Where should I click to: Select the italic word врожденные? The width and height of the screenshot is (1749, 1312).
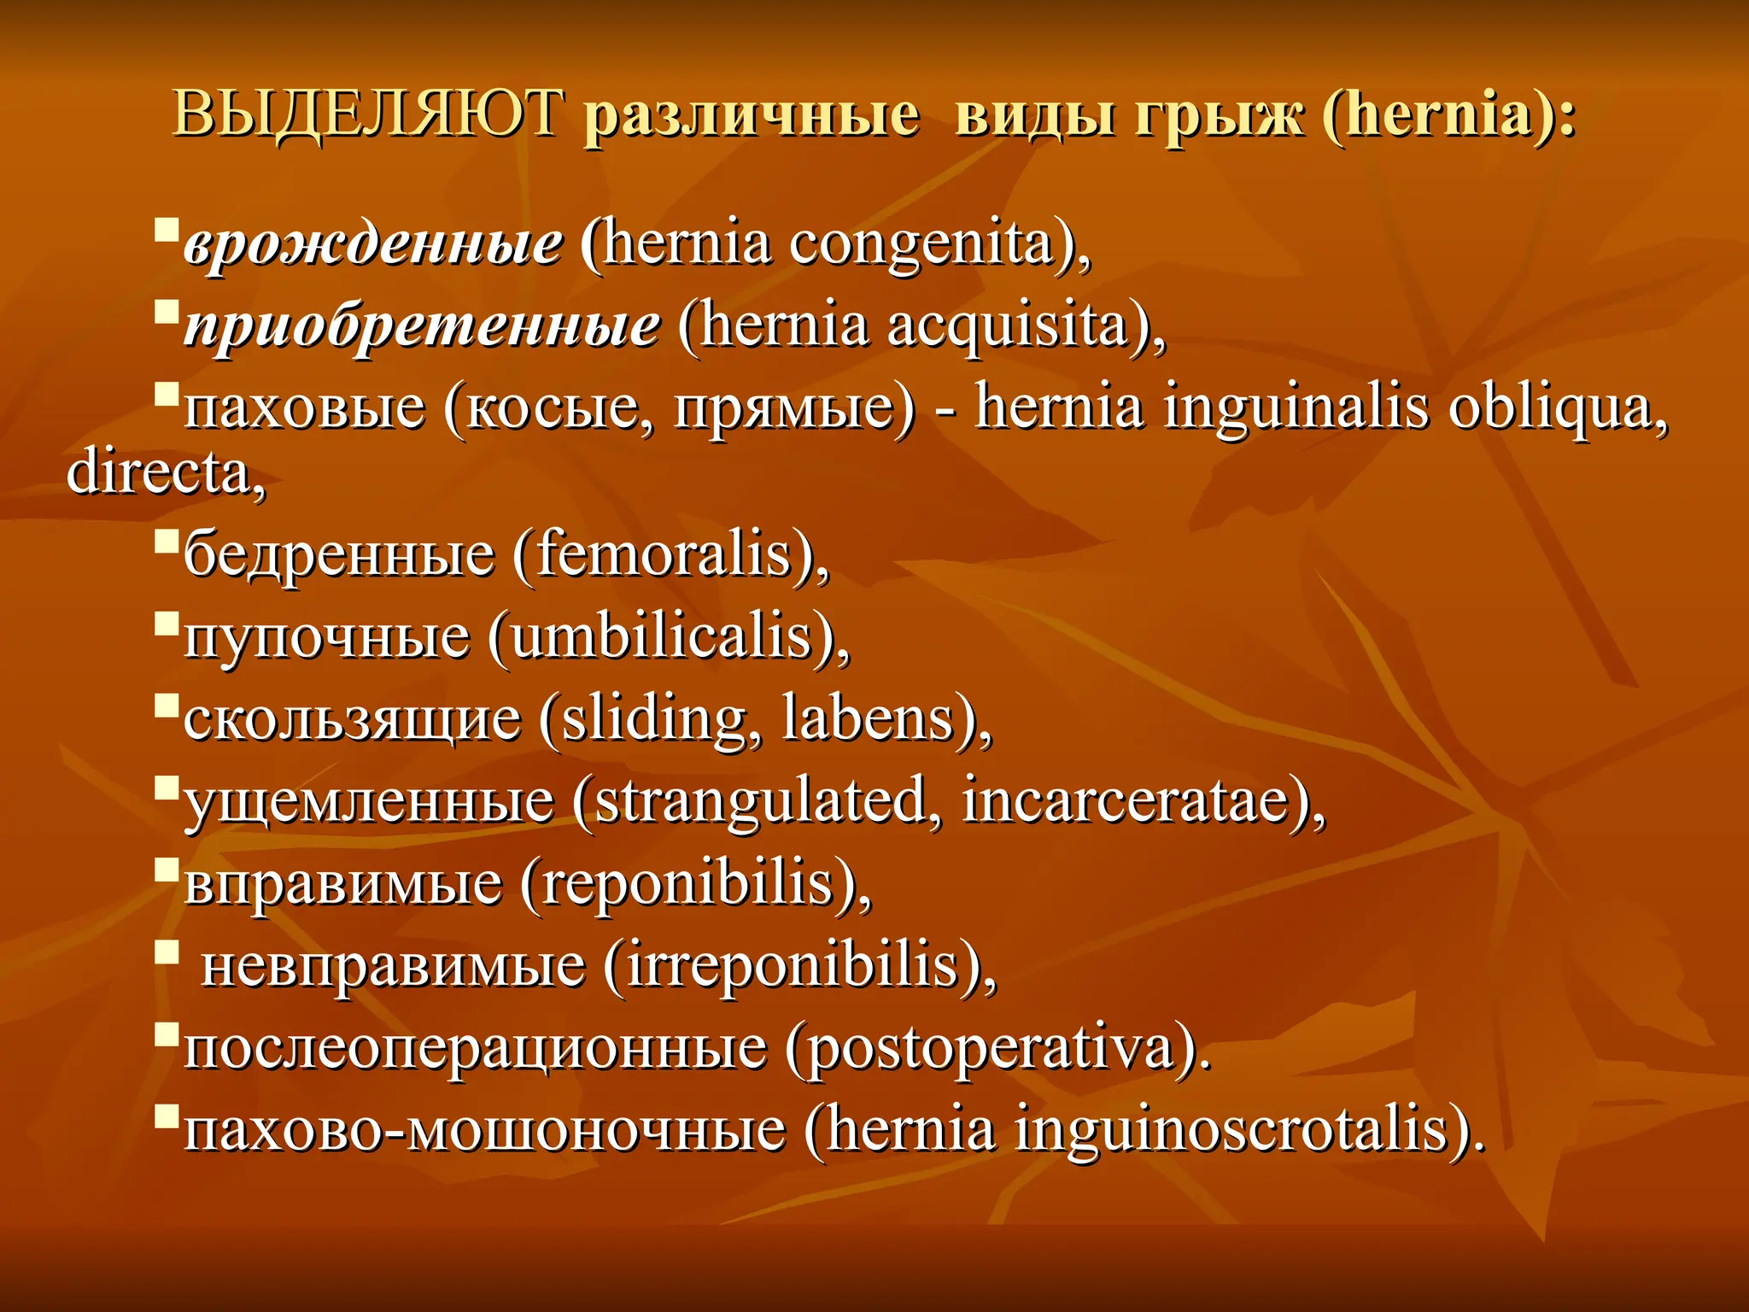[373, 245]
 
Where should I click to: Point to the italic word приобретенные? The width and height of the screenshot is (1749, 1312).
[422, 327]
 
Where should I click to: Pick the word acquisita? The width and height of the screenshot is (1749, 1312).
[1008, 327]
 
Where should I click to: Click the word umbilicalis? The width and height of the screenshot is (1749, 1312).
[661, 637]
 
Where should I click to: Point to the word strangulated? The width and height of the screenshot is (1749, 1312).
[759, 801]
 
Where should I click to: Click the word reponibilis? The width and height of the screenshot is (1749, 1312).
[687, 883]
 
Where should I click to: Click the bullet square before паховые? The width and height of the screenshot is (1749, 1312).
[167, 394]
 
